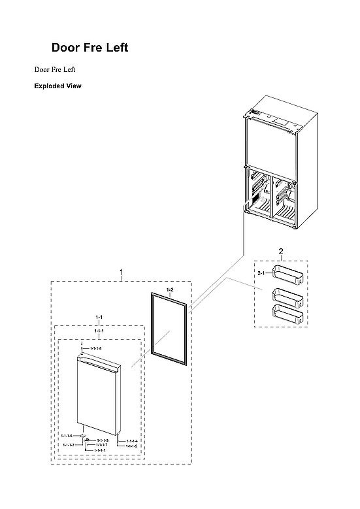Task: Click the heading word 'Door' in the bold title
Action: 67,48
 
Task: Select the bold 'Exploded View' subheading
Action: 57,86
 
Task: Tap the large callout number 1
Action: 121,271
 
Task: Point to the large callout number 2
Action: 281,252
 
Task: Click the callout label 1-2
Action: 170,289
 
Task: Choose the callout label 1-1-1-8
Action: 95,349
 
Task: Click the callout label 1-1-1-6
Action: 67,436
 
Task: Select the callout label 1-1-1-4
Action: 132,441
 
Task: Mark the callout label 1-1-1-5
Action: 132,446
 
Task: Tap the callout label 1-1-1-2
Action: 69,444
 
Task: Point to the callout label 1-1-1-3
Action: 102,440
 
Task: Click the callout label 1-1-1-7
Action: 102,445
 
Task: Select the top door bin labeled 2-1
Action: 287,275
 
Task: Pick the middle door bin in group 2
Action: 287,297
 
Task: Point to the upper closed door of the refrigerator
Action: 278,140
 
